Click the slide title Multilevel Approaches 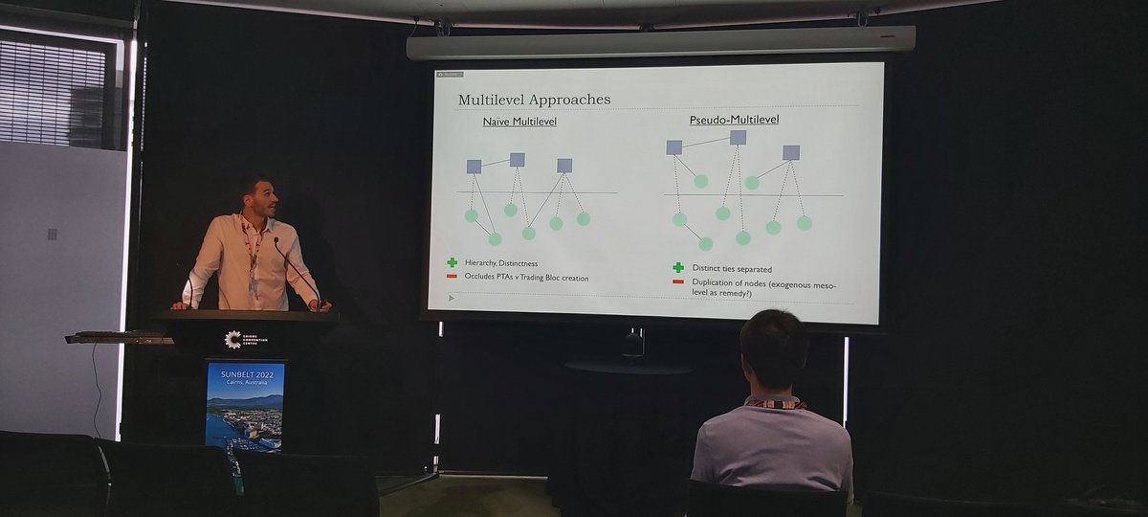pyautogui.click(x=534, y=100)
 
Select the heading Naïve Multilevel pyautogui.click(x=519, y=122)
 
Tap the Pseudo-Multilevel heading pyautogui.click(x=734, y=120)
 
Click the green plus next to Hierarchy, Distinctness pyautogui.click(x=452, y=262)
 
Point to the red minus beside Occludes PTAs pyautogui.click(x=452, y=277)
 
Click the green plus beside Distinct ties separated pyautogui.click(x=678, y=267)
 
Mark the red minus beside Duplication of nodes pyautogui.click(x=678, y=281)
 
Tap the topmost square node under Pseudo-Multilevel pyautogui.click(x=738, y=137)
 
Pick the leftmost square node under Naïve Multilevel pyautogui.click(x=474, y=167)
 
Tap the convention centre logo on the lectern pyautogui.click(x=232, y=339)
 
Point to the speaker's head pyautogui.click(x=256, y=196)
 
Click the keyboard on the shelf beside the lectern pyautogui.click(x=115, y=336)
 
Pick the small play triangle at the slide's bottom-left pyautogui.click(x=451, y=298)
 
